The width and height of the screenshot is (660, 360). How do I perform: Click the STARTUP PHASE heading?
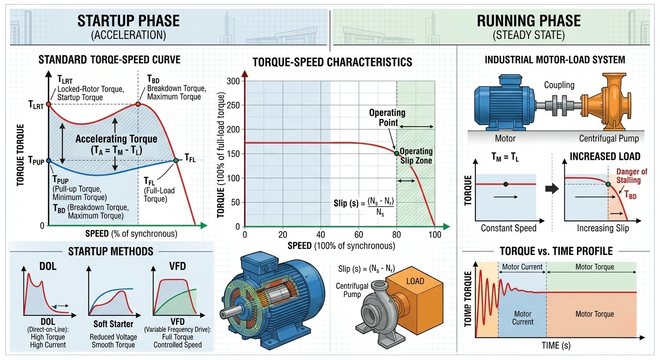pos(128,21)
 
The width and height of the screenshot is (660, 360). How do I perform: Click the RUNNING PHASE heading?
pos(528,21)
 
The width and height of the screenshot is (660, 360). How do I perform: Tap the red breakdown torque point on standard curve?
pos(138,104)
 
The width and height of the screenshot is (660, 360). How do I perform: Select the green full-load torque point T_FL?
pos(176,160)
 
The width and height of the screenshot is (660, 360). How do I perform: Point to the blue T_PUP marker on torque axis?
pos(49,161)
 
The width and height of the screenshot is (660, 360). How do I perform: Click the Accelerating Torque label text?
pos(116,139)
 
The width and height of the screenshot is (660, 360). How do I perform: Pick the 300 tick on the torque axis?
pos(233,81)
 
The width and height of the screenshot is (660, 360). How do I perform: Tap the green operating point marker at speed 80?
pos(397,153)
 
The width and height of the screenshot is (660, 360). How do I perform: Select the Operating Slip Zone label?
pos(415,156)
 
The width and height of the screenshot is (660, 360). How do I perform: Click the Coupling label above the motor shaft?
pos(559,85)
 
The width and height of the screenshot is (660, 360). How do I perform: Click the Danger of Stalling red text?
pos(631,176)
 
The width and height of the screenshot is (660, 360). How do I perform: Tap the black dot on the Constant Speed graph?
pos(505,184)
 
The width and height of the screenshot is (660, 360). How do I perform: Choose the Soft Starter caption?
pos(112,324)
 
